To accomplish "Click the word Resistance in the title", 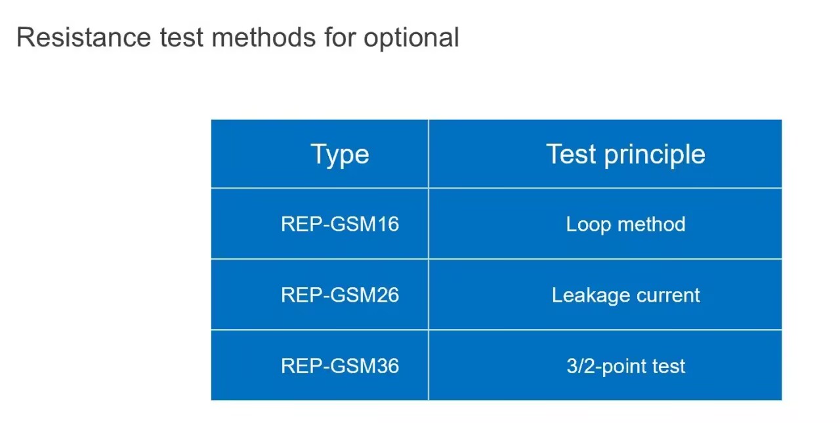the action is pos(83,37).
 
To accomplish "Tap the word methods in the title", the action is pos(264,37).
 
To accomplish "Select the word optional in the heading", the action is pos(411,39).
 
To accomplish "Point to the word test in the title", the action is pos(182,38).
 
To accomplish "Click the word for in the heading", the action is pos(339,37).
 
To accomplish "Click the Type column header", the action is pos(340,154).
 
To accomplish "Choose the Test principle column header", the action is pos(625,154).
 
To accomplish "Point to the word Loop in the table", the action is pos(589,224).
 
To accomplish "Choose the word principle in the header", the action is pos(655,155).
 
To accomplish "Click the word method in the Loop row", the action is pos(652,224).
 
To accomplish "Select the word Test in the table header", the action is pos(571,153).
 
